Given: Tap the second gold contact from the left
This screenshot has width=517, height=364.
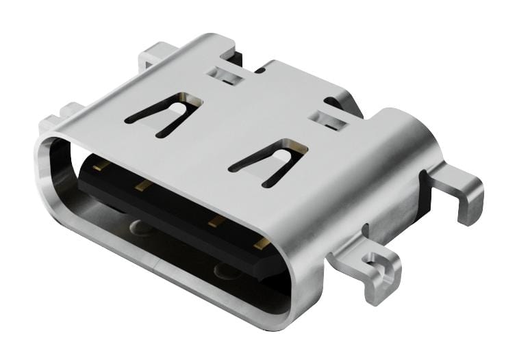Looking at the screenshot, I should point(142,185).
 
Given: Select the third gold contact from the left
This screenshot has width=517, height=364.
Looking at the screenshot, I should point(216,220).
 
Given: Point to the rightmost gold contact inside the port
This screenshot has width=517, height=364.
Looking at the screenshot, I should point(261,242).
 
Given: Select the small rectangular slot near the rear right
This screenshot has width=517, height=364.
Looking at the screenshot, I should point(329,120).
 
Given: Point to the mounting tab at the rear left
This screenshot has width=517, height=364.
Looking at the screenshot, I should point(154,55).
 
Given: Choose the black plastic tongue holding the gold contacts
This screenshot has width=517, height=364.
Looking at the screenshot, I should point(178,212).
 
